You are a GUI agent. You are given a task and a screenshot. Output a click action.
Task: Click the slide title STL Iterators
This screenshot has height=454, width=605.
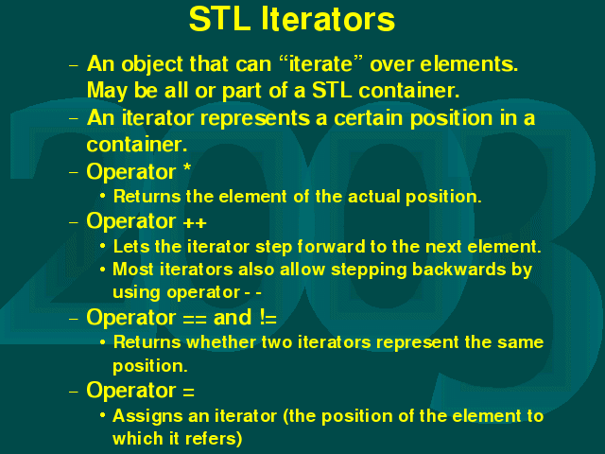tap(292, 19)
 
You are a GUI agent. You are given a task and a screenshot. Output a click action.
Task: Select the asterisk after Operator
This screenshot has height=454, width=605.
tap(187, 168)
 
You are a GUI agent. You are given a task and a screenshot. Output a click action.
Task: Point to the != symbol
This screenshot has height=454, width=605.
tap(268, 318)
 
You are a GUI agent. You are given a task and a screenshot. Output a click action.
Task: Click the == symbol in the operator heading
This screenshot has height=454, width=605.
tap(195, 320)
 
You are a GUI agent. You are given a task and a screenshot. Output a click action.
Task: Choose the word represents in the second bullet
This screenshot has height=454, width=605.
tap(254, 119)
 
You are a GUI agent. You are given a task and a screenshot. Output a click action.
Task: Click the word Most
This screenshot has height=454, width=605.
tap(133, 270)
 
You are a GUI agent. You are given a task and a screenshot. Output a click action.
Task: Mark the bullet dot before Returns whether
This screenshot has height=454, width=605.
tap(102, 342)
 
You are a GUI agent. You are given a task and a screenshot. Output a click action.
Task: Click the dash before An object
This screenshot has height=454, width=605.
tap(74, 65)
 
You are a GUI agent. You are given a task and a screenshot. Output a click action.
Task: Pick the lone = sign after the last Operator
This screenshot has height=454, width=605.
tap(189, 393)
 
